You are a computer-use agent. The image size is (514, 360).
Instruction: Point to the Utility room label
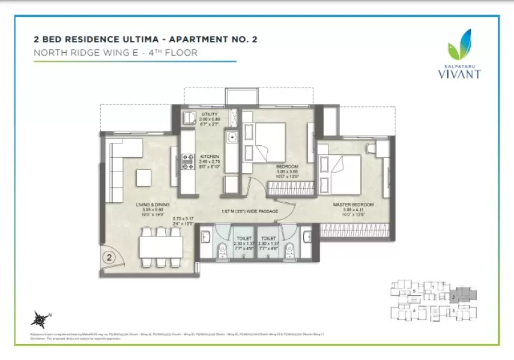210,114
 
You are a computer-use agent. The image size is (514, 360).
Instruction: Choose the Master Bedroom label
354,205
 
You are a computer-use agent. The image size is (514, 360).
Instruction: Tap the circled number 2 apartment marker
109,259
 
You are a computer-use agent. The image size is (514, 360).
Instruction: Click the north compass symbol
40,317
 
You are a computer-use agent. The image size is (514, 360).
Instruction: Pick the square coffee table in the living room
144,178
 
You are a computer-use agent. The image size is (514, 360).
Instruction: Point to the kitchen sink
232,139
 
